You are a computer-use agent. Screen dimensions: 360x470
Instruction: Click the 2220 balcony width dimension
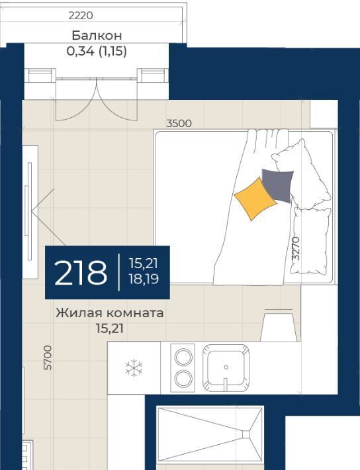[x=81, y=15]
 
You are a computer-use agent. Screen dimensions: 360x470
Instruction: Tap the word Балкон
[x=97, y=36]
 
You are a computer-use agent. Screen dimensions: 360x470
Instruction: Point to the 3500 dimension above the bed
[x=179, y=123]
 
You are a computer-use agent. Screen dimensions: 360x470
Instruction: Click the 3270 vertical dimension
[x=296, y=248]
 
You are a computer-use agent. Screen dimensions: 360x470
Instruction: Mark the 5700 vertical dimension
[x=48, y=357]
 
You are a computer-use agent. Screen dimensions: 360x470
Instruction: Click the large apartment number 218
[x=81, y=273]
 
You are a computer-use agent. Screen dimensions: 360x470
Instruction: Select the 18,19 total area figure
[x=144, y=279]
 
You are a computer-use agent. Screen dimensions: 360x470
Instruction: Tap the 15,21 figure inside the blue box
[x=144, y=263]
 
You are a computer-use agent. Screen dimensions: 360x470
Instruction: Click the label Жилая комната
[x=110, y=313]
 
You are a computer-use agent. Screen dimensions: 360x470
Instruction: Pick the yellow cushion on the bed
[x=255, y=199]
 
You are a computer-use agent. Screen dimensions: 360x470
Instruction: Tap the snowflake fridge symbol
[x=134, y=368]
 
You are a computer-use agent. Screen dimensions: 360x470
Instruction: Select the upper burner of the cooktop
[x=183, y=357]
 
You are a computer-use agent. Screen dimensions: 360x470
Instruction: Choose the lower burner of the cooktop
[x=183, y=379]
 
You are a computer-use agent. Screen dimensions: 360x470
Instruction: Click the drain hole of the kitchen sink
[x=226, y=367]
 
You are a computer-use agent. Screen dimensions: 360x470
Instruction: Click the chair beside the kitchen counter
[x=281, y=326]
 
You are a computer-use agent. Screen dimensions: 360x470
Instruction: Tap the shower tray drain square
[x=246, y=434]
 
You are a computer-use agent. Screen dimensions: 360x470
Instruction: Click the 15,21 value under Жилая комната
[x=110, y=329]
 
